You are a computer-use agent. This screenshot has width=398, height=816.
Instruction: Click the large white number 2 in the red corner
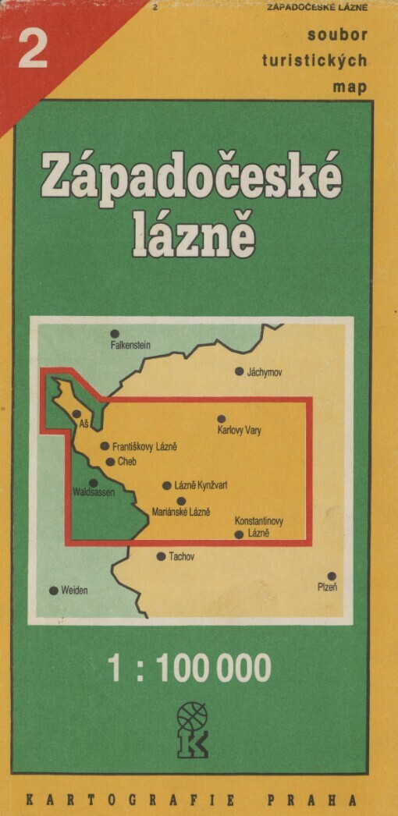(32, 51)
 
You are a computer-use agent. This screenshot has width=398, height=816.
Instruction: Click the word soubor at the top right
(337, 34)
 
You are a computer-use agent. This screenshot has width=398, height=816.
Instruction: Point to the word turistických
(326, 61)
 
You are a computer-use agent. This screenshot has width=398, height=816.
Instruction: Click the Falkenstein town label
(130, 345)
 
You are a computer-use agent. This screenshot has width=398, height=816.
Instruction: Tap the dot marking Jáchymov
(239, 371)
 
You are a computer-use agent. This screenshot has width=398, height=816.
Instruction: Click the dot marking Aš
(76, 414)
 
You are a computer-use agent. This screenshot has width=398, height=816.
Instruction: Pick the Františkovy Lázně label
(144, 447)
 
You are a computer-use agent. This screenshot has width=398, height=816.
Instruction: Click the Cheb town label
(126, 463)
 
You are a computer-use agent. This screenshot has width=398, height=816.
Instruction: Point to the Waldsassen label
(94, 494)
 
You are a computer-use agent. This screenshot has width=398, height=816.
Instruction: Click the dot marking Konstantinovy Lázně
(239, 534)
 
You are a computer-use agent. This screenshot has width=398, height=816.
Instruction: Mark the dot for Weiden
(53, 591)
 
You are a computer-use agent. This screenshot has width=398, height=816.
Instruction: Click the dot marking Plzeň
(332, 576)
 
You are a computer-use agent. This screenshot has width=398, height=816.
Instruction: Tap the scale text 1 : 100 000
(190, 669)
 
